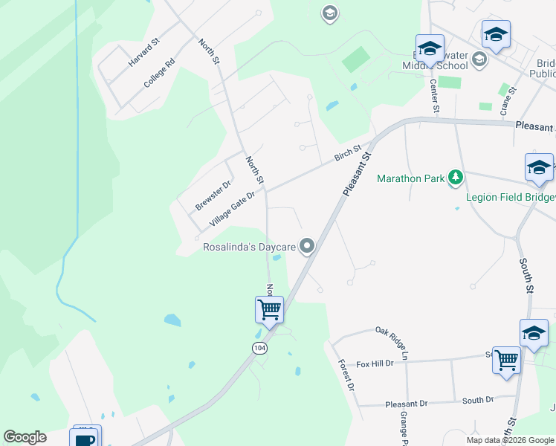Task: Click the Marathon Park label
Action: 410,178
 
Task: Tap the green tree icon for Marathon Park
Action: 456,178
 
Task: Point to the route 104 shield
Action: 259,348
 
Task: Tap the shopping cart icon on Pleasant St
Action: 269,308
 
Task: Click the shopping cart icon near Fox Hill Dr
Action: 506,360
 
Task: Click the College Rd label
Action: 158,74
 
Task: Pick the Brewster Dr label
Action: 213,194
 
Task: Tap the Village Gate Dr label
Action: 232,208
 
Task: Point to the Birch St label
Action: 347,154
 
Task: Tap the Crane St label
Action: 508,100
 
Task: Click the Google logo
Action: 25,437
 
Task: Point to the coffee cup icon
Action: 85,439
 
